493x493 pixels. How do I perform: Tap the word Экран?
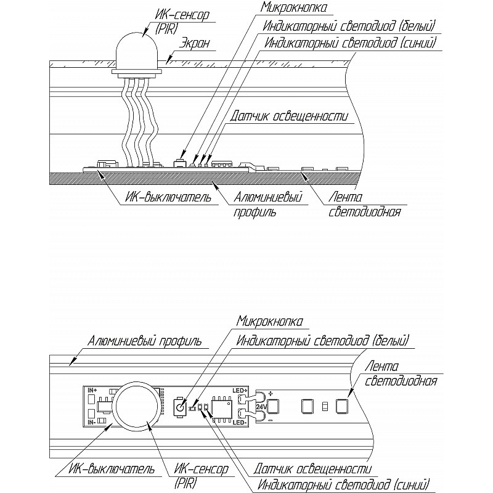click(194, 43)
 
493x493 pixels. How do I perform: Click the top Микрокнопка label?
click(293, 7)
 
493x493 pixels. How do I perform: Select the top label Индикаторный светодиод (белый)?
click(349, 26)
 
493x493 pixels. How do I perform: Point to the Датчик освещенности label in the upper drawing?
click(289, 116)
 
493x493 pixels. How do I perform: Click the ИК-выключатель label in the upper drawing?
click(168, 197)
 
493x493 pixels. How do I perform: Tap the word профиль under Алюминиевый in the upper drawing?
click(255, 212)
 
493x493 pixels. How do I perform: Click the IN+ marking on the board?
click(92, 390)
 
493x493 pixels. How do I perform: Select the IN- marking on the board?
click(92, 423)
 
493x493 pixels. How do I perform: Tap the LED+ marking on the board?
click(240, 390)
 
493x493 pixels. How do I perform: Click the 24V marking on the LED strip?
click(261, 407)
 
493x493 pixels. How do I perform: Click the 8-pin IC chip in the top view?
click(222, 407)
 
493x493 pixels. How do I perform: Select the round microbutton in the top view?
click(179, 408)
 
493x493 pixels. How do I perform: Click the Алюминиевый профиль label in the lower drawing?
click(144, 341)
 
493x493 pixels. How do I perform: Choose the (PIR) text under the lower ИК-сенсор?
click(185, 483)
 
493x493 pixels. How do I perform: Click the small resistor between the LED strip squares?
click(325, 406)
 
